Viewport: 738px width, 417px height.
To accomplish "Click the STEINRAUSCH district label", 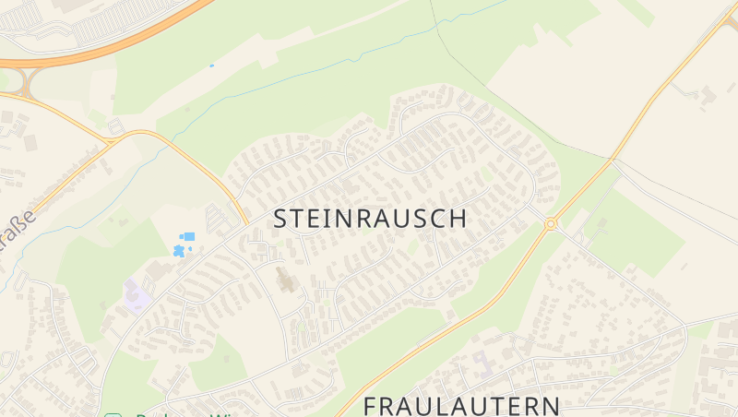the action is pos(370,219).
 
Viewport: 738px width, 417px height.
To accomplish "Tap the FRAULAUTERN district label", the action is pos(461,405).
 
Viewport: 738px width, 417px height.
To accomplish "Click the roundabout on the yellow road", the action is pos(551,223).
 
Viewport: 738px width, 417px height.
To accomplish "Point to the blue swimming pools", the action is pos(183,244).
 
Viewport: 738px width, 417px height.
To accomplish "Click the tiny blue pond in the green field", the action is pos(211,66).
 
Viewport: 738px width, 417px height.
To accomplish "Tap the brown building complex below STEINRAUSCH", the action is pos(285,279).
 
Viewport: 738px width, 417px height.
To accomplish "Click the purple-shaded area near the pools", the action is pos(136,296).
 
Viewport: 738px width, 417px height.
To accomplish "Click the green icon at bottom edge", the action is pos(113,414).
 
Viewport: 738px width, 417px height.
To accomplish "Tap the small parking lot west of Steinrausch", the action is pos(219,220).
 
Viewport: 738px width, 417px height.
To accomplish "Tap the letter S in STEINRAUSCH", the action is pos(282,219).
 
